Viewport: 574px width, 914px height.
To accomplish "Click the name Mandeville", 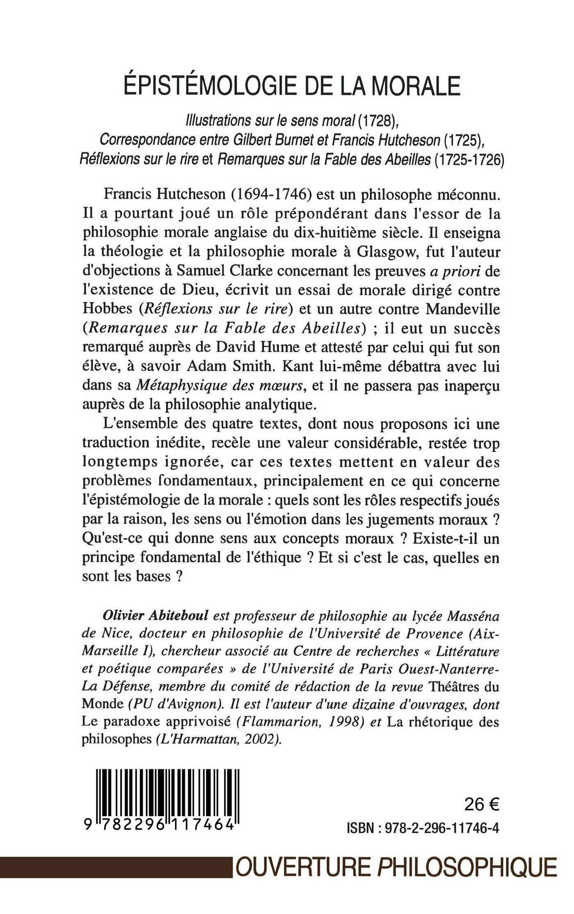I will pos(463,310).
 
